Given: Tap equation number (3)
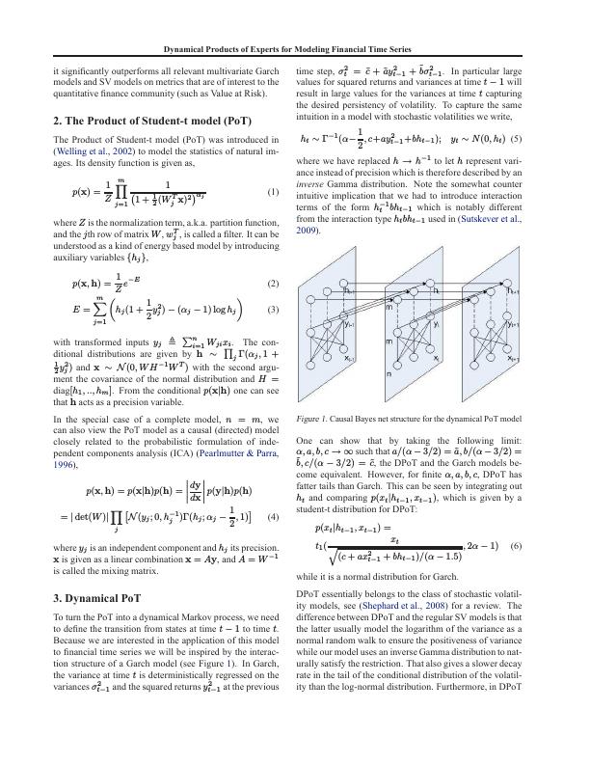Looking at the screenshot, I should [x=273, y=312].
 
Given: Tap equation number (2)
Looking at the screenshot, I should [x=273, y=285].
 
